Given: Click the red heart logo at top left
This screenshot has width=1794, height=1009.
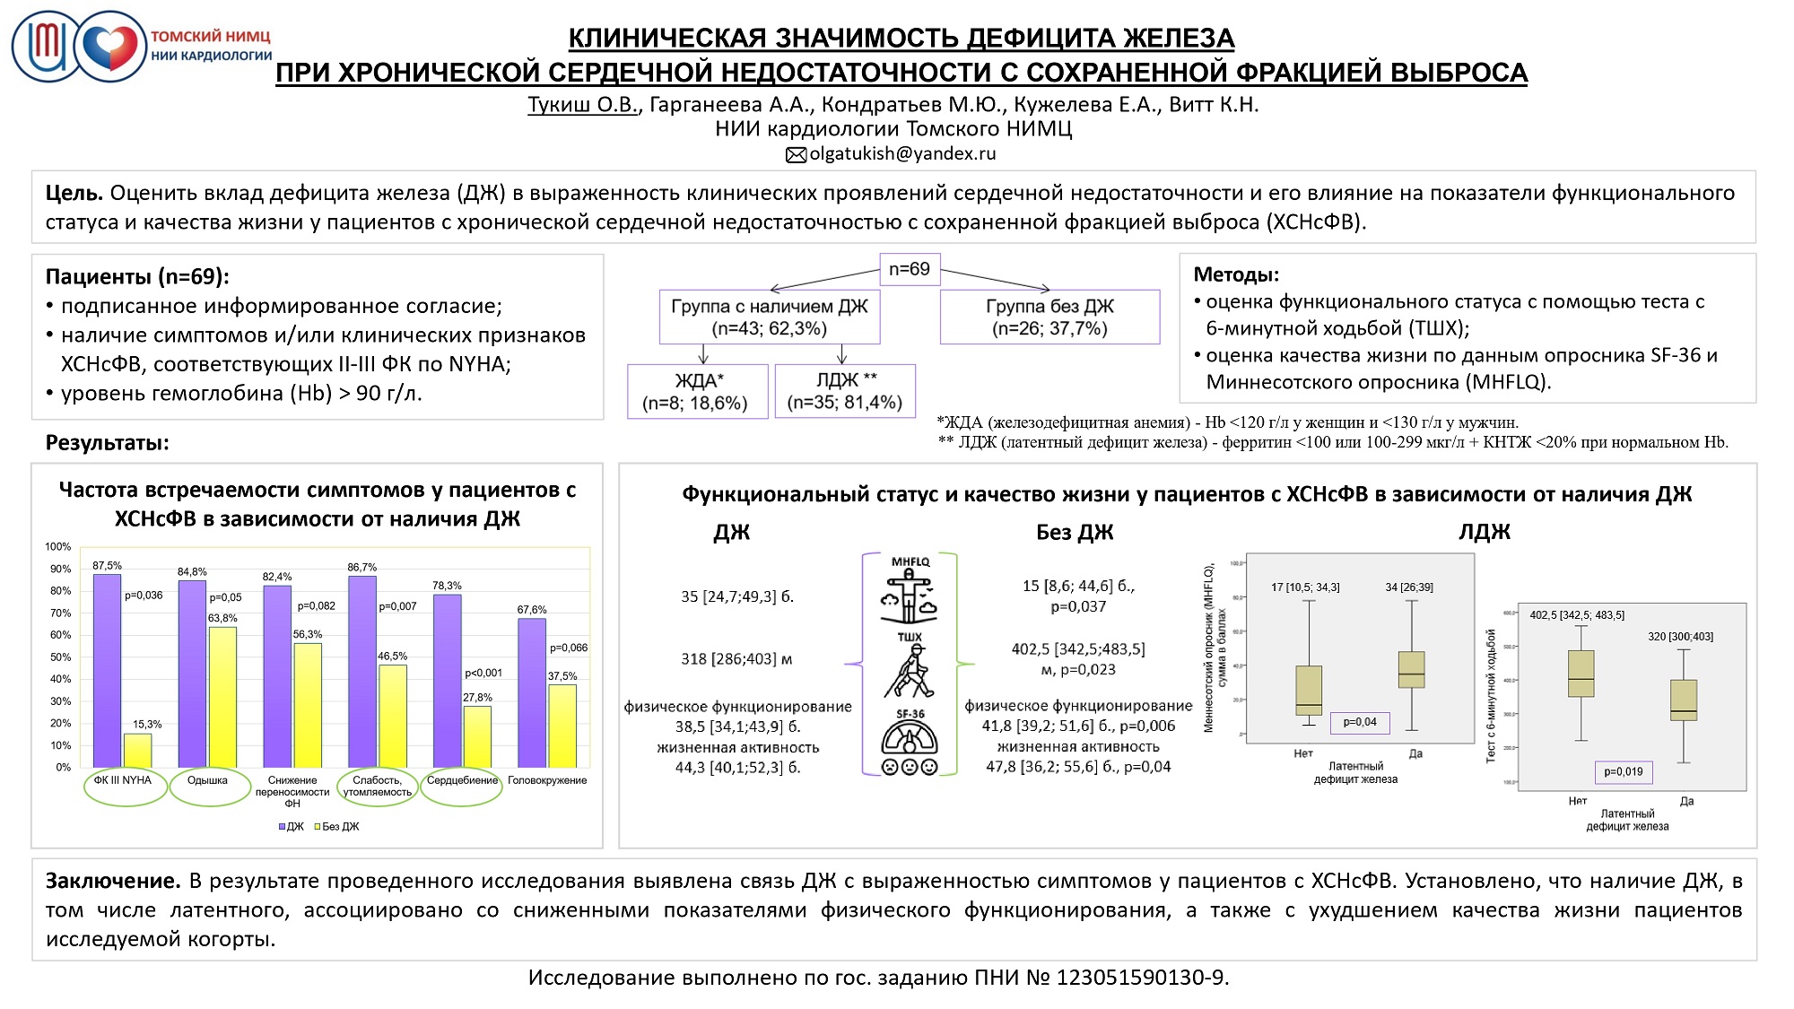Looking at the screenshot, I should pyautogui.click(x=110, y=47).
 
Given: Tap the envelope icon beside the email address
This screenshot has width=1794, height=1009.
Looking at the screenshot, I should pyautogui.click(x=796, y=155).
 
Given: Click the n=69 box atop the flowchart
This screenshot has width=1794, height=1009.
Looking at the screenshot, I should pyautogui.click(x=910, y=269).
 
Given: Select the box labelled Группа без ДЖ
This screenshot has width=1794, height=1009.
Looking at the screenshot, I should pyautogui.click(x=1049, y=317).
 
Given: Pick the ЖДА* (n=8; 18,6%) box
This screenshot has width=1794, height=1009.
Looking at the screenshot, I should pyautogui.click(x=697, y=392).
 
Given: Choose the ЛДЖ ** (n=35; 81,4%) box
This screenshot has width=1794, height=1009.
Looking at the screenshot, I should pyautogui.click(x=845, y=391).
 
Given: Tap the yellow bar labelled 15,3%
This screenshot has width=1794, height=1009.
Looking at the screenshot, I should pyautogui.click(x=137, y=751).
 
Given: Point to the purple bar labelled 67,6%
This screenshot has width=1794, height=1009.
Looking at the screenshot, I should pyautogui.click(x=532, y=692).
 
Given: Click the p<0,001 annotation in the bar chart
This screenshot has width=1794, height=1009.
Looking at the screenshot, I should pyautogui.click(x=483, y=674).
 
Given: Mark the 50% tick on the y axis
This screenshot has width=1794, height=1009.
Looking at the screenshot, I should pyautogui.click(x=60, y=657).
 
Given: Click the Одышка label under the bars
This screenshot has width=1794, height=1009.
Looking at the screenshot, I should pyautogui.click(x=207, y=780).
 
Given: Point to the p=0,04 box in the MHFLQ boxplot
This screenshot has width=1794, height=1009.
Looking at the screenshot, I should pyautogui.click(x=1360, y=722).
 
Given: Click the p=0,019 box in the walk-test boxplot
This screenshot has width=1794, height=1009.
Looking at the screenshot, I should pyautogui.click(x=1624, y=771).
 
